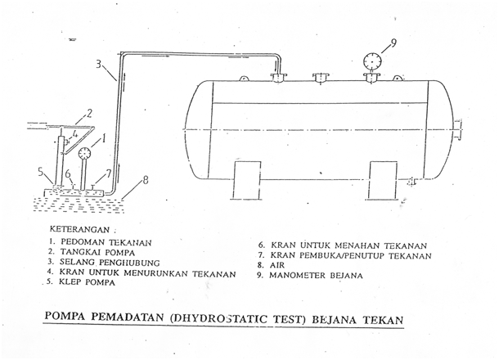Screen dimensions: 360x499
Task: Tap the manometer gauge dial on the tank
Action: coord(370,62)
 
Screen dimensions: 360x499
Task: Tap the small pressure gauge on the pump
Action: coord(84,153)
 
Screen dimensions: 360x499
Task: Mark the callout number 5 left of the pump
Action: coord(39,172)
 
